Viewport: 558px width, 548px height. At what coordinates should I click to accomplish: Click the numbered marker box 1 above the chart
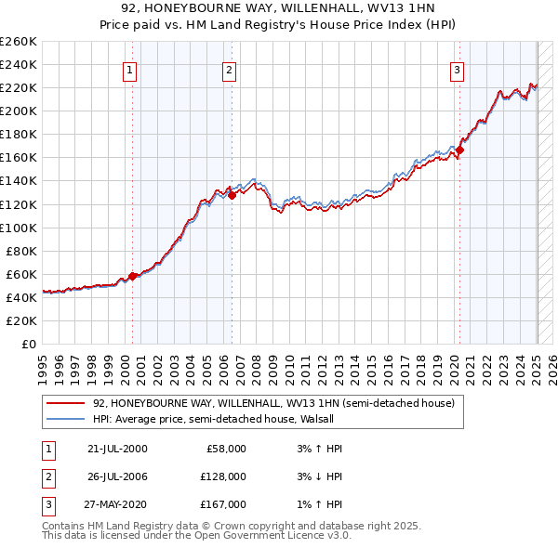point(129,69)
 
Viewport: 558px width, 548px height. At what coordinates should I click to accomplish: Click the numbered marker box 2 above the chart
point(229,69)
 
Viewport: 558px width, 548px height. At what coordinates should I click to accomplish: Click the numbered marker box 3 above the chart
point(458,69)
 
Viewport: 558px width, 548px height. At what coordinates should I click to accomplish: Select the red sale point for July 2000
point(132,276)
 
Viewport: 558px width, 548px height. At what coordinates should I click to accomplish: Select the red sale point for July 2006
point(232,194)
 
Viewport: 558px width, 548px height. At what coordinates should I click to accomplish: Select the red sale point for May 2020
point(459,149)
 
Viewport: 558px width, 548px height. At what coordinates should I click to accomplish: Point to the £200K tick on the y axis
point(19,111)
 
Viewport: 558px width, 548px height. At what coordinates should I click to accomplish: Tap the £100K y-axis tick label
point(19,228)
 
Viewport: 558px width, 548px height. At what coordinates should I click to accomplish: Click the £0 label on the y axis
point(29,344)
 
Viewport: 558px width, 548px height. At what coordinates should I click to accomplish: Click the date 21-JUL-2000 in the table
point(116,449)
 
